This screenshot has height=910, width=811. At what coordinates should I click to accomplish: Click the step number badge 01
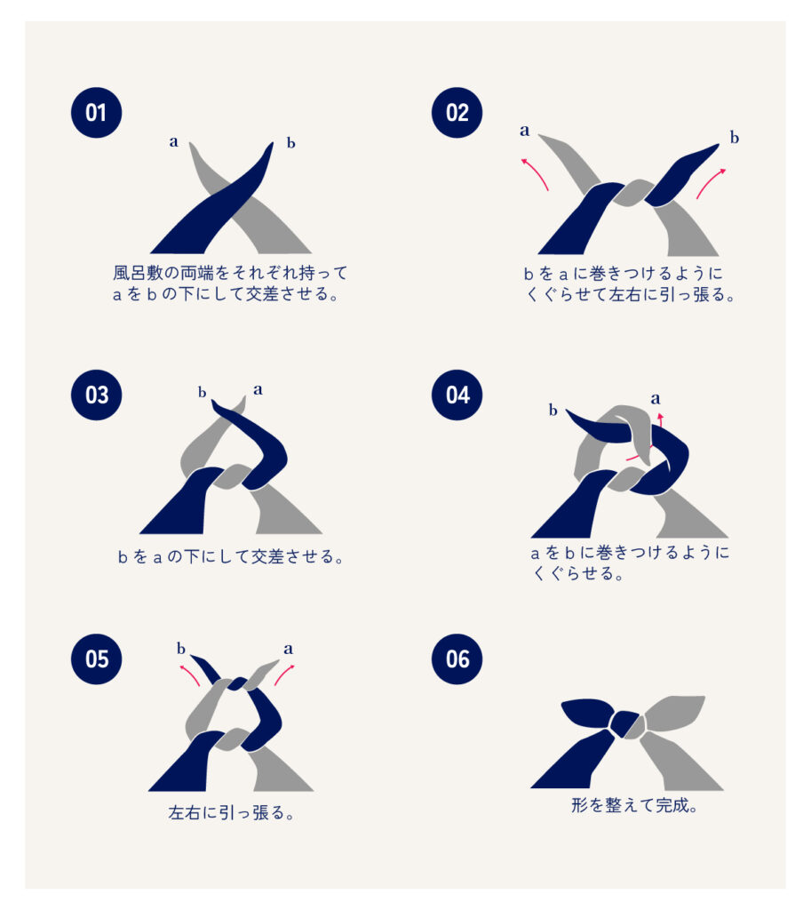point(96,113)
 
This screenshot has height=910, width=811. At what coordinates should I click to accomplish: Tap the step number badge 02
point(457,113)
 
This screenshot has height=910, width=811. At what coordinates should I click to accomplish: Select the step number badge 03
point(96,395)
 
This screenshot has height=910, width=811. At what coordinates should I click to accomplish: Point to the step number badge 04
point(457,395)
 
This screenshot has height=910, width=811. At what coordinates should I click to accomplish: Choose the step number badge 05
point(96,659)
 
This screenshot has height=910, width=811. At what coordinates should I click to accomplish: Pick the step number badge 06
point(457,659)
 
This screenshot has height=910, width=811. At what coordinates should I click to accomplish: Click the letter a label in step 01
point(173,141)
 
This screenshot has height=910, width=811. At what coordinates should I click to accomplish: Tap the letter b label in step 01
point(291,143)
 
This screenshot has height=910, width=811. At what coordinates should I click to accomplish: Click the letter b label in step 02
point(735,138)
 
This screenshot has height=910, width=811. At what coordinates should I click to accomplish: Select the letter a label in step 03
point(258,389)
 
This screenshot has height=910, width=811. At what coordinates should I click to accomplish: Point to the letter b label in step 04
point(553,411)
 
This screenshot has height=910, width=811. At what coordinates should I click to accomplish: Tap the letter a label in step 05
point(289,649)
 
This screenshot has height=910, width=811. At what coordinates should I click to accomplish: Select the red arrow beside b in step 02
point(709,182)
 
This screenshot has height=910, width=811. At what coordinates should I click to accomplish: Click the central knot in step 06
point(624,723)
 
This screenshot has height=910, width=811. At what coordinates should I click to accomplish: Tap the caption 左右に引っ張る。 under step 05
point(232,812)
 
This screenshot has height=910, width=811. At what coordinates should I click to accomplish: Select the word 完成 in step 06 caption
point(672,805)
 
